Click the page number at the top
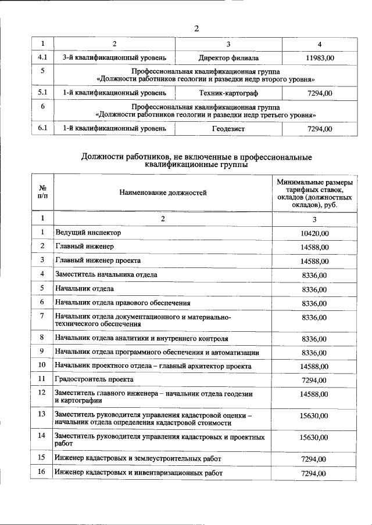(196, 29)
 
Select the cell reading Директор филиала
(228, 58)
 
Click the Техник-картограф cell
(228, 93)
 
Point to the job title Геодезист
(228, 128)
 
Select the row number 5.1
(42, 93)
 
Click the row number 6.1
(42, 128)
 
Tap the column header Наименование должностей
(163, 193)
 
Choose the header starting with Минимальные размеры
(314, 193)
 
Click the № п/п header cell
(42, 193)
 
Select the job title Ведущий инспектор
(88, 233)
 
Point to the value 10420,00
(314, 233)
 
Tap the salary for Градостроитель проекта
(314, 380)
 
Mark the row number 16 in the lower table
(42, 473)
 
